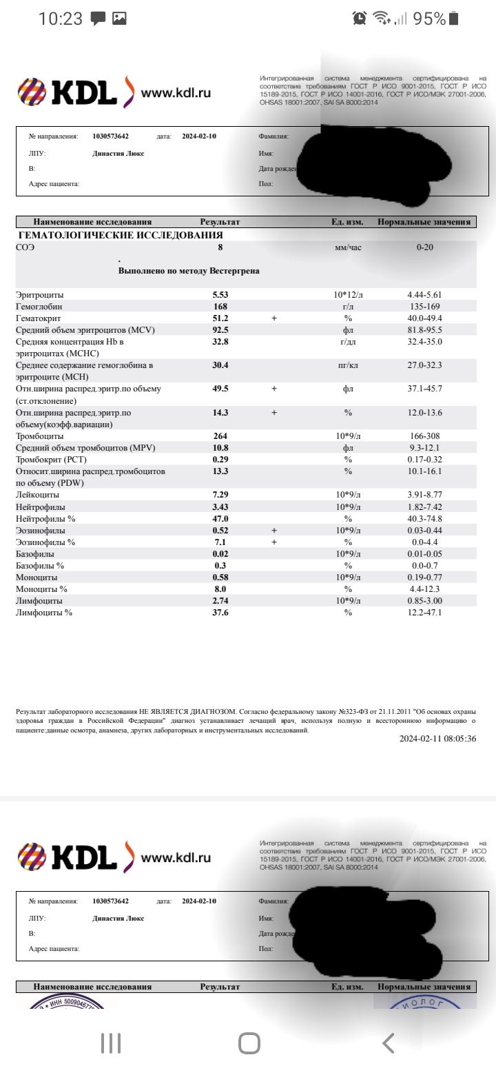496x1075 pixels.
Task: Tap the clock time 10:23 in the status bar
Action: coord(60,19)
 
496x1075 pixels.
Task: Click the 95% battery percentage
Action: coord(429,19)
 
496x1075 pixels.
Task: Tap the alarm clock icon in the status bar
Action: coord(359,19)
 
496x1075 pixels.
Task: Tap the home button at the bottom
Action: coord(249,1043)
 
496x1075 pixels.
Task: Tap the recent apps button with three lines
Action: coord(110,1043)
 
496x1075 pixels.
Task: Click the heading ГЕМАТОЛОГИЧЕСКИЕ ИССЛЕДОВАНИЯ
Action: coord(121,235)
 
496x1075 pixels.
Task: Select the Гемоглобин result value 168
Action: coord(220,307)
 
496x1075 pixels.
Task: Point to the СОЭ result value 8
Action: coord(220,247)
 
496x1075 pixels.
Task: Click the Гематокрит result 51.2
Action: coord(220,318)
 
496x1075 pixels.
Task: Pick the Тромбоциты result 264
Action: coord(220,436)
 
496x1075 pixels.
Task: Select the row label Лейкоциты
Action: coord(37,495)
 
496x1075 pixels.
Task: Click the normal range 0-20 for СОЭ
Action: coord(425,247)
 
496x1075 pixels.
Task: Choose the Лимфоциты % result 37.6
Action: coord(220,613)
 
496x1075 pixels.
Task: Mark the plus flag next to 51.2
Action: coord(273,318)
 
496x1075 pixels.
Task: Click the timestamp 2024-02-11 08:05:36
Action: coord(437,738)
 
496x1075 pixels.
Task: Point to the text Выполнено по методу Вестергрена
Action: coord(189,272)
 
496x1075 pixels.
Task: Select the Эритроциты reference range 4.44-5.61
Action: coord(425,295)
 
